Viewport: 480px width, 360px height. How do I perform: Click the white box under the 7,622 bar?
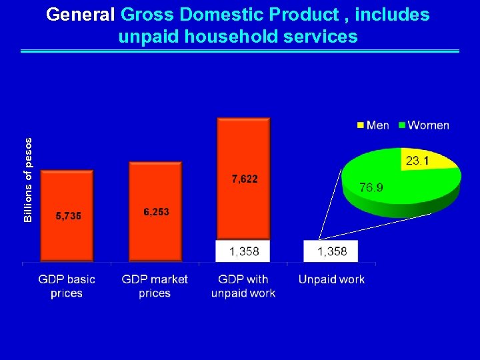[x=243, y=251]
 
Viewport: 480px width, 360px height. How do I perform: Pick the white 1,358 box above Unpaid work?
[x=331, y=251]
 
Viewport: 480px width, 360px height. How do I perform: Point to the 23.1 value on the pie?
[x=416, y=161]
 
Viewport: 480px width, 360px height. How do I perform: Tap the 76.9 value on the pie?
[x=371, y=188]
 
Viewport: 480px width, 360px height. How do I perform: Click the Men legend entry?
[x=373, y=125]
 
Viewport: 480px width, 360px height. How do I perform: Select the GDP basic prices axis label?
[x=67, y=286]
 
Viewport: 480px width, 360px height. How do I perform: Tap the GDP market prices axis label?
[x=155, y=286]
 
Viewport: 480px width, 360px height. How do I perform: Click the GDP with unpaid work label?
[x=243, y=286]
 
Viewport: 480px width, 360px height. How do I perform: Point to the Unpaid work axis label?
[x=331, y=279]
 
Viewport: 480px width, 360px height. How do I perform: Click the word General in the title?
[x=83, y=15]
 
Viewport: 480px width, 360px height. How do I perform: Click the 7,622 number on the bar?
[x=245, y=179]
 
